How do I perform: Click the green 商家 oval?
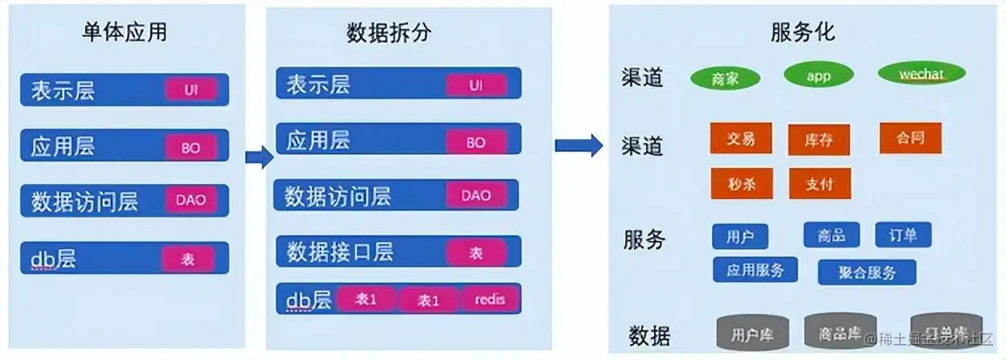(725, 78)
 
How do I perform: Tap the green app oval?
(818, 76)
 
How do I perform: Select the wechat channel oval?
(921, 75)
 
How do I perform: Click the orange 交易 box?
(741, 138)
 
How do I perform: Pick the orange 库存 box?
(819, 140)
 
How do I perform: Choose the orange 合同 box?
(910, 137)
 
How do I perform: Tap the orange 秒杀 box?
(741, 182)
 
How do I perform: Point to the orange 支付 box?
(819, 183)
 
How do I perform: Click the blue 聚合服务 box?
(867, 272)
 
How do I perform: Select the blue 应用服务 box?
(755, 270)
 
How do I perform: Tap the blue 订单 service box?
(903, 235)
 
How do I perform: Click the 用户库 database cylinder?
(752, 333)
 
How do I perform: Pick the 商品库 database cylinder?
(840, 332)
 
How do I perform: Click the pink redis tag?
(489, 300)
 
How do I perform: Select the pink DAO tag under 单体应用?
(190, 200)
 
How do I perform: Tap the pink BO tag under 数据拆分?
(476, 142)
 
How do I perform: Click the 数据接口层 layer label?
(340, 252)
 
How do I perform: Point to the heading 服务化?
(803, 32)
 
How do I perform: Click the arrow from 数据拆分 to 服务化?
(579, 145)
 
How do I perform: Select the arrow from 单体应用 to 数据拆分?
(259, 157)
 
